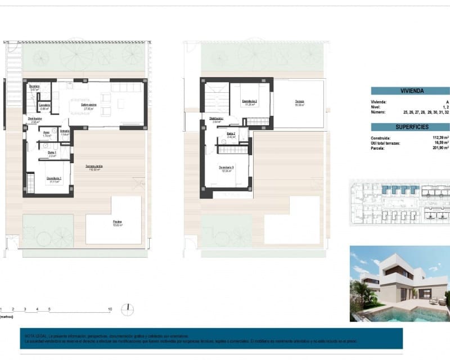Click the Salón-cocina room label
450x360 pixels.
coord(89,106)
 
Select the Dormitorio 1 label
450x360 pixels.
coord(54,179)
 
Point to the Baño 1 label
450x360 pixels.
coord(51,154)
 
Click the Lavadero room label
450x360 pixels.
coord(45,107)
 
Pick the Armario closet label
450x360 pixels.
coord(65,133)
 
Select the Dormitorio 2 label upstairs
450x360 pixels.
coord(250,102)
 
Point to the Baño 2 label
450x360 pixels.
coord(231,136)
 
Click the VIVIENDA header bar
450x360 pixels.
coord(411,91)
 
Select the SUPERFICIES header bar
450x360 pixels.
coord(411,127)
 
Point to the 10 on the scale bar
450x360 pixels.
coord(110,309)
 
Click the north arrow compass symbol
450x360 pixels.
coord(128,309)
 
